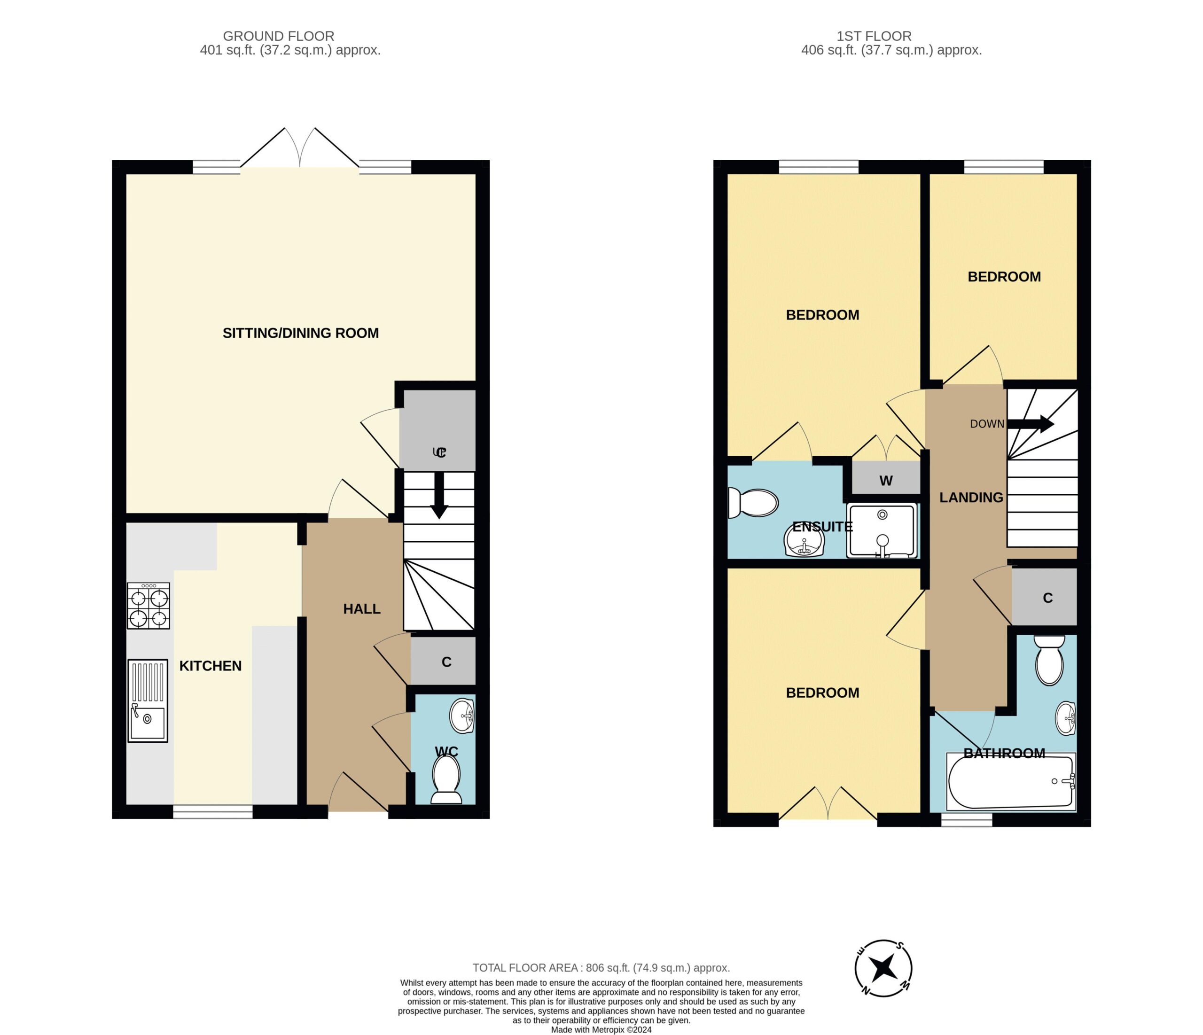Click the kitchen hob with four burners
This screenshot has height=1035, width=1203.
click(x=148, y=606)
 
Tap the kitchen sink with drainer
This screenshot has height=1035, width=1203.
click(x=148, y=700)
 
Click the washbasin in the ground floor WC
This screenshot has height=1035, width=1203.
click(x=462, y=716)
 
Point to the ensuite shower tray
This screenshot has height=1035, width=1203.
click(x=882, y=530)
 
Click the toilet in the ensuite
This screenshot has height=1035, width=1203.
click(x=752, y=503)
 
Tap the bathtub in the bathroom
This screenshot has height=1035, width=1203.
click(x=1011, y=782)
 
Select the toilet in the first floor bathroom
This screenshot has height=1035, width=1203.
click(x=1049, y=660)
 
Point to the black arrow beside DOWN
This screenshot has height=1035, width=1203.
click(x=1030, y=424)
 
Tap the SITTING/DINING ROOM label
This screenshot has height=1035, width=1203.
click(x=301, y=333)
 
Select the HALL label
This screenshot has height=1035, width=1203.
click(x=362, y=609)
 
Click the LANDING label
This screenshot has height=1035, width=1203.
click(x=971, y=498)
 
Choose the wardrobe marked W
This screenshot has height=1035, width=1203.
click(x=886, y=478)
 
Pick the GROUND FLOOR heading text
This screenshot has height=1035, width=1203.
click(x=279, y=36)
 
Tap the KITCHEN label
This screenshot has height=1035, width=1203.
click(x=210, y=666)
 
